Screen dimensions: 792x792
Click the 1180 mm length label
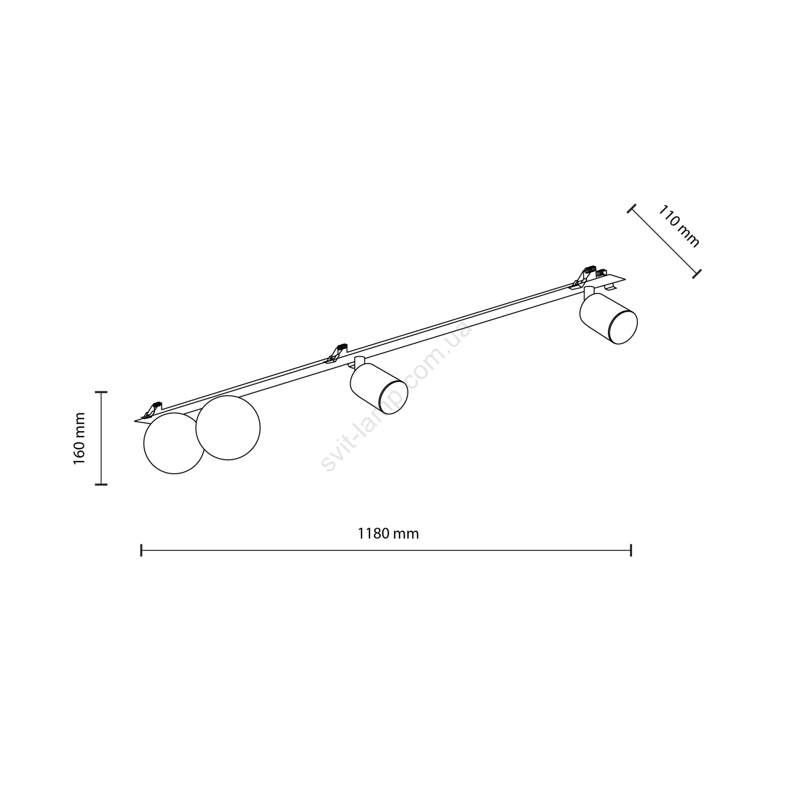(388, 534)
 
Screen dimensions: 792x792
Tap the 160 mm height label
(79, 438)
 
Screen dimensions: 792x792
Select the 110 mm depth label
(679, 226)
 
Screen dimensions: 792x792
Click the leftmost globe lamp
(174, 443)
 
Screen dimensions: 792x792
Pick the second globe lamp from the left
(228, 428)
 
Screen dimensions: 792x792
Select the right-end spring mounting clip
(587, 276)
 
